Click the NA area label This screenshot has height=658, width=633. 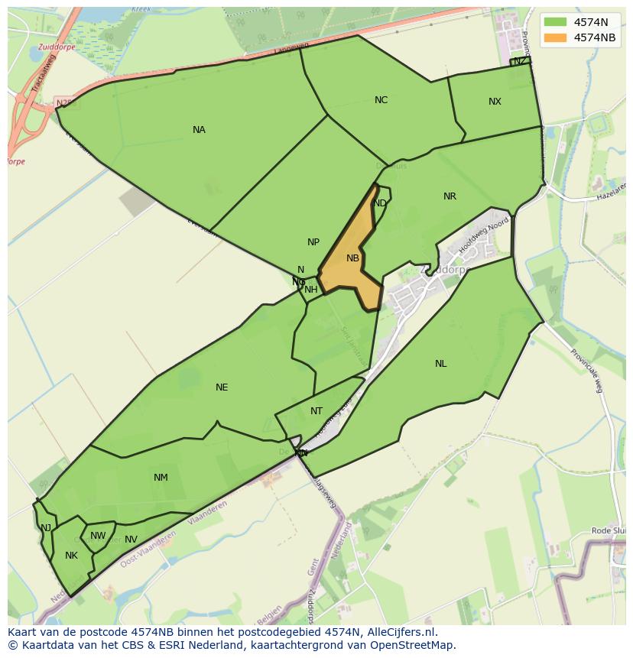(x=199, y=130)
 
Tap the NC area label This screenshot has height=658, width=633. (x=381, y=100)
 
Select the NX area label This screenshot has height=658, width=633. (x=495, y=102)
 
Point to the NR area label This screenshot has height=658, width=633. (x=450, y=196)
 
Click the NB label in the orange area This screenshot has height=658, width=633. (x=352, y=258)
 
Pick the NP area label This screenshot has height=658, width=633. (x=313, y=242)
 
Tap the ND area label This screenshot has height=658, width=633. (x=380, y=203)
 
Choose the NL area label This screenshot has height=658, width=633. (x=441, y=364)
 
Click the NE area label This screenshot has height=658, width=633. (x=222, y=387)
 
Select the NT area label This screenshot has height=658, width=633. (x=316, y=411)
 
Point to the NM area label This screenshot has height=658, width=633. (x=161, y=478)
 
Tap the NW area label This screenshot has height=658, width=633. (x=98, y=536)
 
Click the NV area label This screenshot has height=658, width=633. (x=131, y=540)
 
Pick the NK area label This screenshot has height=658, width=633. (x=71, y=556)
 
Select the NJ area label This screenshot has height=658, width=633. (x=46, y=528)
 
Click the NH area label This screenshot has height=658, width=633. (x=311, y=290)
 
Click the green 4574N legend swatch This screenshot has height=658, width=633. (x=555, y=22)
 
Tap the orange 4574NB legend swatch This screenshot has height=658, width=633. (x=555, y=37)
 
